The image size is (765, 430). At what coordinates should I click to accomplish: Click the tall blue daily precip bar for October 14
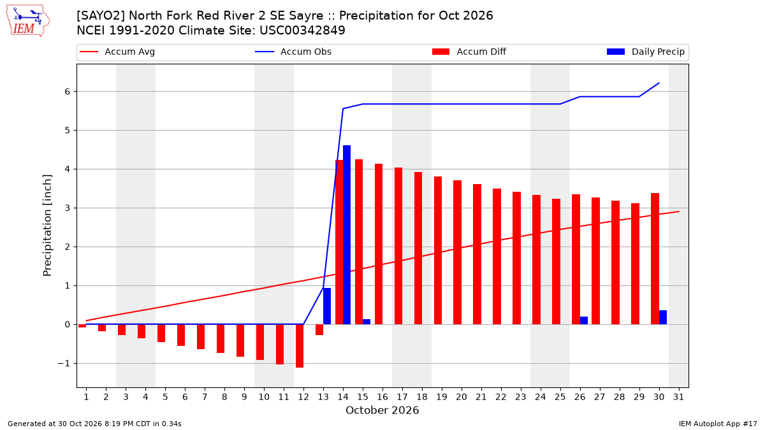coord(347,235)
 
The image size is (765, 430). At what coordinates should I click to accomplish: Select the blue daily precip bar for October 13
coord(327,306)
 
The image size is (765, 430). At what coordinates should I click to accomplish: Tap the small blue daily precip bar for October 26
coord(584,320)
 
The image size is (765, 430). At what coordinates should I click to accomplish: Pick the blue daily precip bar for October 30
coord(663,317)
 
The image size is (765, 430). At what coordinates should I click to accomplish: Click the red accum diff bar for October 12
coord(300,346)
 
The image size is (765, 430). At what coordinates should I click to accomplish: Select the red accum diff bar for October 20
coord(457,252)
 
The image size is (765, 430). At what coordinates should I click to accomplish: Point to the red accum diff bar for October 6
coord(181,335)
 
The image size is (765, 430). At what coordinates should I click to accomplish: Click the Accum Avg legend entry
coord(117,52)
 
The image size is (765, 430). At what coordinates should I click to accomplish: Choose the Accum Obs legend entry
coord(293,52)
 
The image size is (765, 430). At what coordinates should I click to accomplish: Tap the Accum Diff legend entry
coord(469,52)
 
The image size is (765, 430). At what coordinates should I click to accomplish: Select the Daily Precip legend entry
coord(646,52)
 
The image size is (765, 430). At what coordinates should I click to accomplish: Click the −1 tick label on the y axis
coord(64,364)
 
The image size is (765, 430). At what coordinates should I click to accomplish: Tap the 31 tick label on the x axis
coord(678,397)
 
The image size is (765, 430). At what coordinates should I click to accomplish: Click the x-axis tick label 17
coord(402,397)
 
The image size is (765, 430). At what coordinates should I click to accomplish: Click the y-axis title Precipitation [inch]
coord(47,226)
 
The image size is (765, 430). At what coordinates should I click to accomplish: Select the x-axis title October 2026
coord(382,410)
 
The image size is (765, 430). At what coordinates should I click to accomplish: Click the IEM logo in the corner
coord(27,21)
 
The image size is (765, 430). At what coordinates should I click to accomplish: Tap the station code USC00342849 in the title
coord(302,31)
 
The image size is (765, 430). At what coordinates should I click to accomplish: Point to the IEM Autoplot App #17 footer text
coord(718,424)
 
